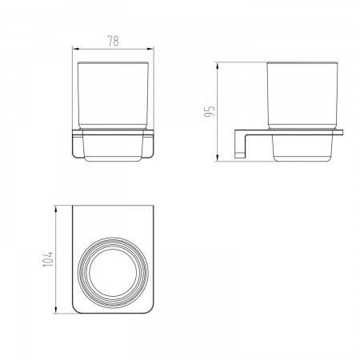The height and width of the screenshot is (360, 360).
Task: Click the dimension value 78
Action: [114, 41]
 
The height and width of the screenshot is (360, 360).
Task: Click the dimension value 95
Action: [210, 112]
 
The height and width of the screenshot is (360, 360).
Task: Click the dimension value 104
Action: [48, 259]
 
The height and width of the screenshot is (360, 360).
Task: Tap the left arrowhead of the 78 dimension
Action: [76, 49]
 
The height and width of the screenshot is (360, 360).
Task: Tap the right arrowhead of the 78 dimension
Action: [150, 49]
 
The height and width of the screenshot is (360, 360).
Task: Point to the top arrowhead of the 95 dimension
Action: [218, 66]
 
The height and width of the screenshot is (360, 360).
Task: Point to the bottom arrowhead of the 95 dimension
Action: [218, 158]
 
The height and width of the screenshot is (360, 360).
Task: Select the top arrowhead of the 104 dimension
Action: [56, 209]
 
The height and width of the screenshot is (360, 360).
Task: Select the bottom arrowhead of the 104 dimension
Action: [56, 310]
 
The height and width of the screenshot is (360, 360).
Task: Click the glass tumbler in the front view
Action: [113, 95]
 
